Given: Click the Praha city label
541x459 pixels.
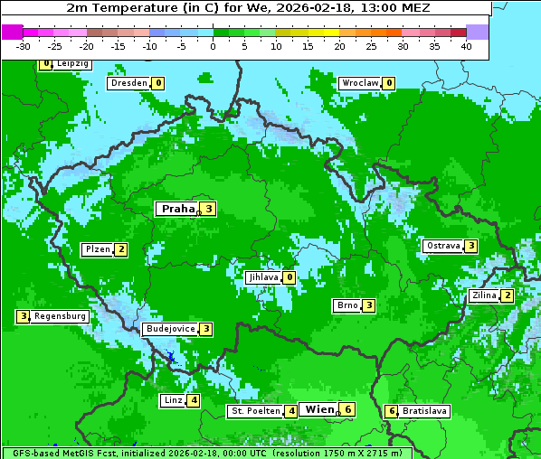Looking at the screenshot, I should point(177,209).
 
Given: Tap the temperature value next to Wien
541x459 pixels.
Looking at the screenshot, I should point(347,409).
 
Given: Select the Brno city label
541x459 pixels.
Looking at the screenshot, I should point(346,305).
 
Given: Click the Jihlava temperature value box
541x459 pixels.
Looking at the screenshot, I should point(289,277).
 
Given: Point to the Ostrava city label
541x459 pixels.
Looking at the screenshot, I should point(442,246).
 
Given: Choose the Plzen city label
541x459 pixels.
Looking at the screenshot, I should point(97,249).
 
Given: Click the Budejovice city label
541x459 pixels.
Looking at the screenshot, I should point(170,329).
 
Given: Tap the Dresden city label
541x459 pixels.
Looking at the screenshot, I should point(128,83).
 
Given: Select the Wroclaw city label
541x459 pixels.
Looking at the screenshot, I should point(359,83).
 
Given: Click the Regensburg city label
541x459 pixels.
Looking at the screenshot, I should point(60,316).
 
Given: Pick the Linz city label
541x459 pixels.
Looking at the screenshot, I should point(173,400).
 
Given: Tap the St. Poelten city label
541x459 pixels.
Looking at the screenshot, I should point(254,411).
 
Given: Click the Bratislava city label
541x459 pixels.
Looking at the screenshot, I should point(425,411).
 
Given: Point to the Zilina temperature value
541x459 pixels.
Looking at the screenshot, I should point(508,295).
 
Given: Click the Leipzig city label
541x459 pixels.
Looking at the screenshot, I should point(71,64).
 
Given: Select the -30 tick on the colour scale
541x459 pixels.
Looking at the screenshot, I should point(24,46).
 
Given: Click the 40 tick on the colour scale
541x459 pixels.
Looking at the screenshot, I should point(466,46).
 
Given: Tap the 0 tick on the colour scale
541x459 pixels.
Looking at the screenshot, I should point(214,46).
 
